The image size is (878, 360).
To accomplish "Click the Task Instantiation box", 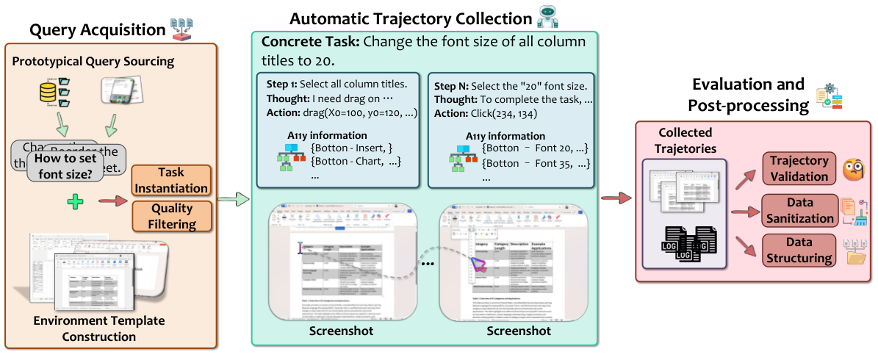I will (170, 181).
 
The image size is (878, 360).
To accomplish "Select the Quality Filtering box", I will (172, 216).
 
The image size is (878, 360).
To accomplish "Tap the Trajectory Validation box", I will (799, 168).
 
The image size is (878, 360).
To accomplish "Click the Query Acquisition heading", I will (98, 30).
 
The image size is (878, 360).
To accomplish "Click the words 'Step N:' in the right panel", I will (450, 85).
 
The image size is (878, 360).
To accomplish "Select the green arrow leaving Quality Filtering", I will (235, 198).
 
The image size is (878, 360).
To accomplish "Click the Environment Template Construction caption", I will (98, 328).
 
